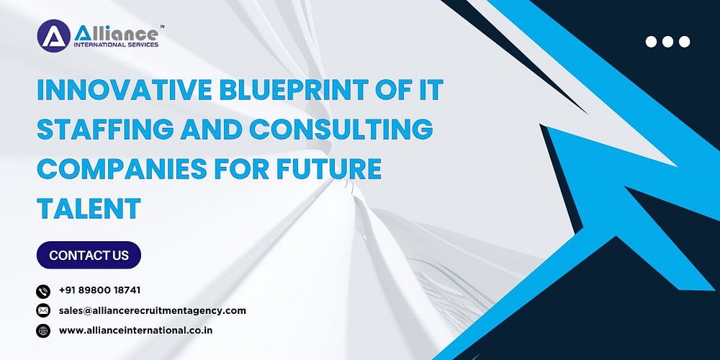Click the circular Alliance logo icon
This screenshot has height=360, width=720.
coord(54,36)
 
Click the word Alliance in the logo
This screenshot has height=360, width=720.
coord(116,33)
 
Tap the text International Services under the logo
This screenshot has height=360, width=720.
coord(116,45)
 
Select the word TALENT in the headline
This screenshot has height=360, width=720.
coord(89,208)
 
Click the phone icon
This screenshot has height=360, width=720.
coord(43,291)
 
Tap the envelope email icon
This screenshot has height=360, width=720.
coord(43,311)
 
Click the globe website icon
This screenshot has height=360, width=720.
coord(43,330)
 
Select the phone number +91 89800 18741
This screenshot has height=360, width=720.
coord(99,290)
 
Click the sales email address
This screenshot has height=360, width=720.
coord(153,310)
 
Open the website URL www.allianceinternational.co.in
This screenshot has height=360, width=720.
coord(136,330)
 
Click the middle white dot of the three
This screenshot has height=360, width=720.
coord(667,42)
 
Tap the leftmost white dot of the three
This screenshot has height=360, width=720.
coord(651,42)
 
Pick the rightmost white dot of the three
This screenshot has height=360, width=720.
coord(684,42)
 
